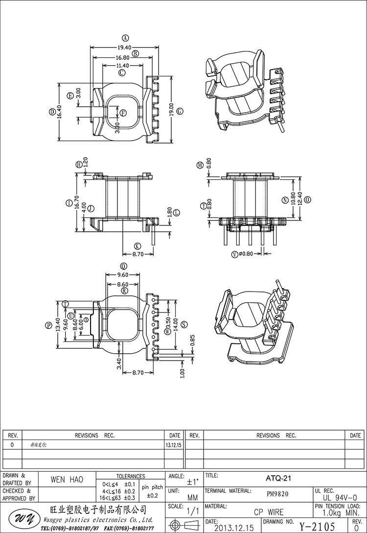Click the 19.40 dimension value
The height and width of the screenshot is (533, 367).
click(x=124, y=48)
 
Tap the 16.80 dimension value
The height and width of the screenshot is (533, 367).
click(x=123, y=57)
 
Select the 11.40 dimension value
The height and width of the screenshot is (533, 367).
click(x=122, y=66)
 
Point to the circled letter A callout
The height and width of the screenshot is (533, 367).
click(x=125, y=38)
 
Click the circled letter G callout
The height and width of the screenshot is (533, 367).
click(x=180, y=111)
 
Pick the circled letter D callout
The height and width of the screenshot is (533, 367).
click(x=52, y=112)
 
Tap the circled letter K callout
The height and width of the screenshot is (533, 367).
click(x=137, y=246)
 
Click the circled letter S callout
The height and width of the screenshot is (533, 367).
click(x=183, y=324)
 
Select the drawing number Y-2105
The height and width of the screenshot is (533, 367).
click(x=317, y=527)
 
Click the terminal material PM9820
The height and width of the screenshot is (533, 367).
click(x=276, y=494)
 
